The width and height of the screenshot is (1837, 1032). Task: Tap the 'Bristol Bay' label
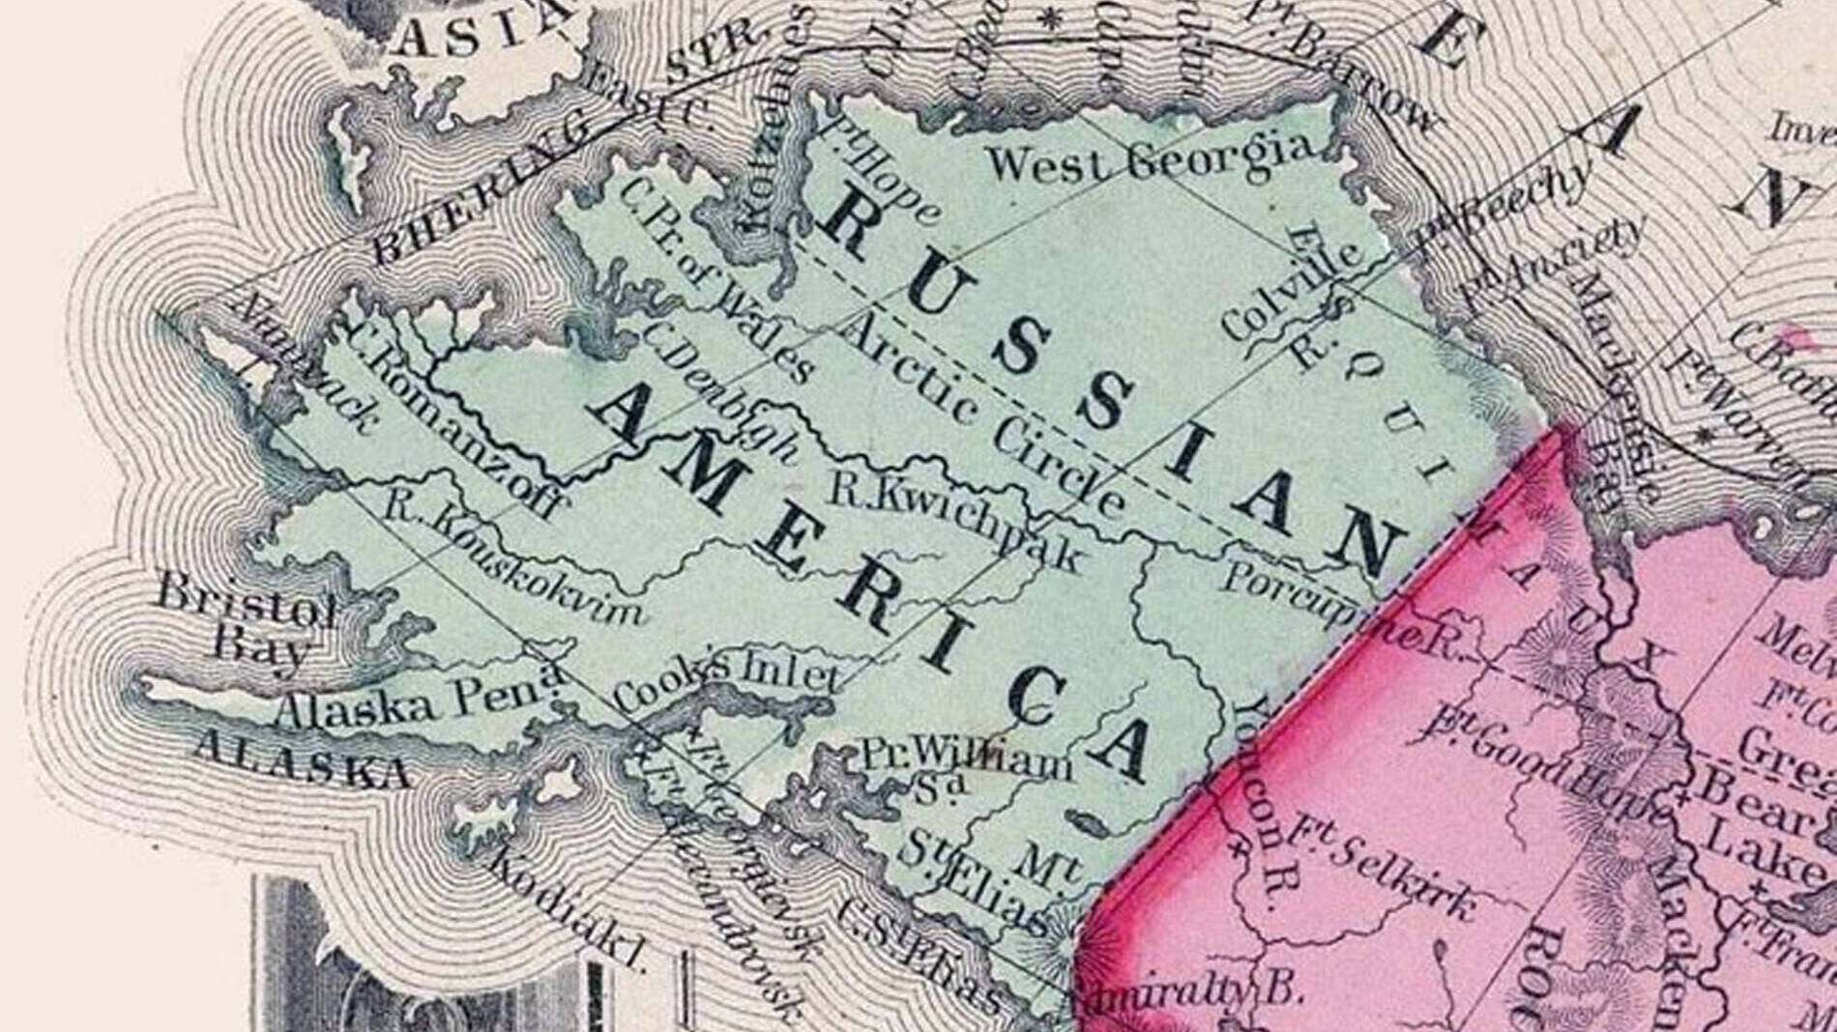[x=247, y=617]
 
